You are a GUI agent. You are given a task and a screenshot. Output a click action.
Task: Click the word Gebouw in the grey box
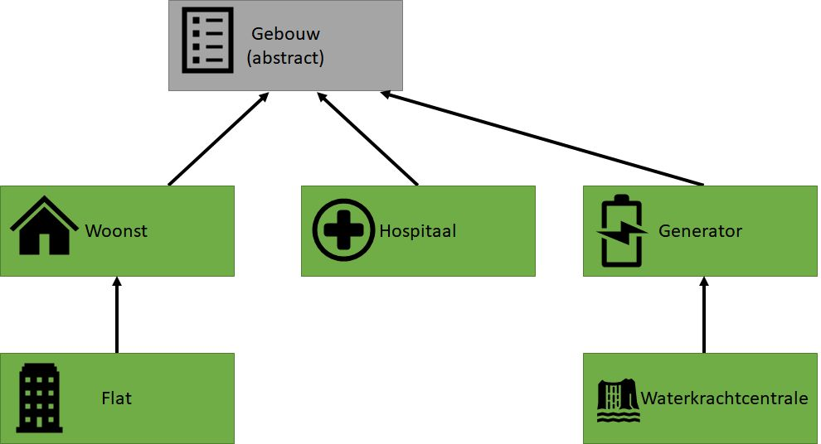tap(286, 36)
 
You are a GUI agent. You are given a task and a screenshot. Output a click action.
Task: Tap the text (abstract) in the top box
tap(285, 59)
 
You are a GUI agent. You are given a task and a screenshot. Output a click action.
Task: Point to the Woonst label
tap(116, 230)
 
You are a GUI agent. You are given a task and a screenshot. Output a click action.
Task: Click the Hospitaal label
tap(418, 230)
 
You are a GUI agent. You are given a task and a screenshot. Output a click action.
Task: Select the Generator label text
tap(700, 230)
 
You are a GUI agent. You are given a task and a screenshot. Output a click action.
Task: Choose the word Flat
tap(118, 398)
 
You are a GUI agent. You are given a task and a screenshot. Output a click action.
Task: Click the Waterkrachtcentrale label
tap(724, 398)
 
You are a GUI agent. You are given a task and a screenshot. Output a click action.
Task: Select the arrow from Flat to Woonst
tap(117, 315)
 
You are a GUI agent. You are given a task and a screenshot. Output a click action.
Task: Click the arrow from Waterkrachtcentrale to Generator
tap(704, 315)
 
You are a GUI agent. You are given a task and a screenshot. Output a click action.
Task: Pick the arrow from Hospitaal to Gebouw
tap(367, 138)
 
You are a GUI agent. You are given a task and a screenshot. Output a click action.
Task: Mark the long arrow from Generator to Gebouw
tap(543, 139)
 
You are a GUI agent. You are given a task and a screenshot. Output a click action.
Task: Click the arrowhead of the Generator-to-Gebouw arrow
tap(387, 95)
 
